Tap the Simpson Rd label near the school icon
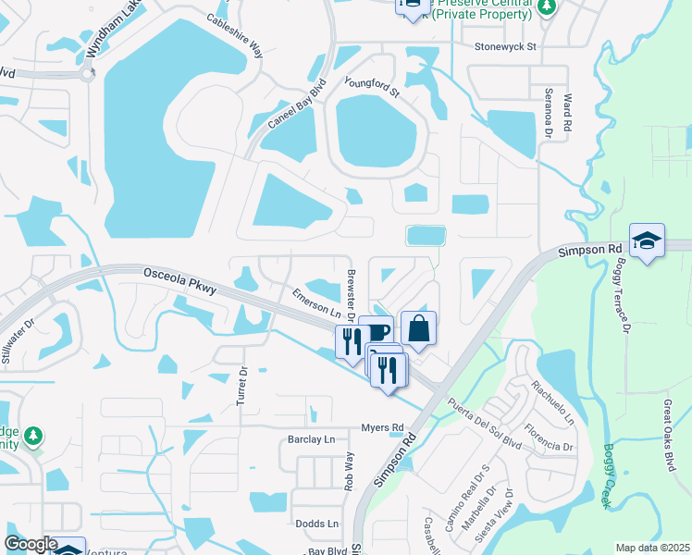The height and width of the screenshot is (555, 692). pos(589,251)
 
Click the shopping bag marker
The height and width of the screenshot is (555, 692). pos(418,327)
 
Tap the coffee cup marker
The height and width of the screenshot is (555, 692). pos(376,330)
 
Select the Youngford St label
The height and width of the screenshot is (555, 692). pos(371,88)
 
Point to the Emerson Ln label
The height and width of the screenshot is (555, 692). pos(312,306)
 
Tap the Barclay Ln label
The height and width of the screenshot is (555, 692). pos(311,440)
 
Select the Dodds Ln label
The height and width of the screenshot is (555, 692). pos(316,524)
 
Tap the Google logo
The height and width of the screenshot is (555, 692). pos(31,544)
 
